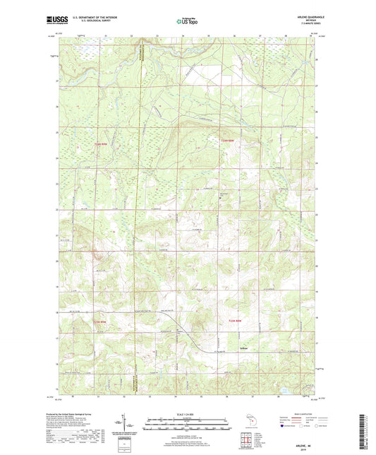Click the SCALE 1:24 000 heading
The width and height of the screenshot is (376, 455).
click(188, 414)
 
